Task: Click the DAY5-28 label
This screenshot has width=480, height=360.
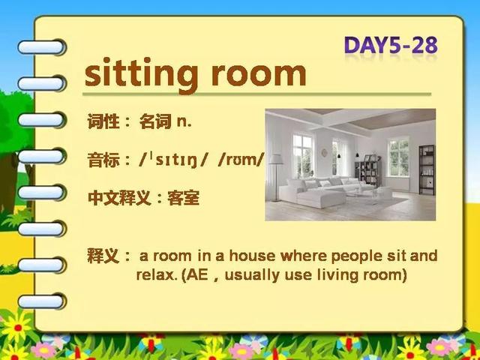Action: click(x=391, y=45)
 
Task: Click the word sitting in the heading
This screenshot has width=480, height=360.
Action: click(x=141, y=74)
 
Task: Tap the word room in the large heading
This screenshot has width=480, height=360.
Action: click(x=259, y=75)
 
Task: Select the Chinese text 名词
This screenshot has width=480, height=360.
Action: click(x=155, y=121)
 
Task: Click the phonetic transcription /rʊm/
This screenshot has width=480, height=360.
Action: click(x=241, y=159)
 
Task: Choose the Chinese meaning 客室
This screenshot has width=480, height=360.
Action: click(x=183, y=198)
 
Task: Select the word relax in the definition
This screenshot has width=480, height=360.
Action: click(x=155, y=274)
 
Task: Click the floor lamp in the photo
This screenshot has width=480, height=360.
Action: click(x=276, y=177)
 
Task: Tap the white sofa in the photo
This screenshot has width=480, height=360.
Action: click(x=325, y=191)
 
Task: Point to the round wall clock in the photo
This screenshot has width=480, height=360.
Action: click(x=324, y=152)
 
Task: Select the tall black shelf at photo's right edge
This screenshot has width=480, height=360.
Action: click(x=427, y=170)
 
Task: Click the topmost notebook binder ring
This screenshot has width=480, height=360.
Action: click(x=42, y=47)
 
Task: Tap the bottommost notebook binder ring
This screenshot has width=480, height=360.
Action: click(x=42, y=301)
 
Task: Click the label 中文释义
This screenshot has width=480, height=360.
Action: click(x=119, y=198)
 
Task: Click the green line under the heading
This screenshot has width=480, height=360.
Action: click(x=256, y=94)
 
